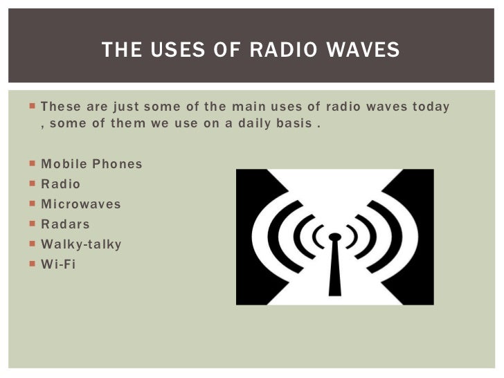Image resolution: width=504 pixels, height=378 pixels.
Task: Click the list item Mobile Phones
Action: tap(91, 164)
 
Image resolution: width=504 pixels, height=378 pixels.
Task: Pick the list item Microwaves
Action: tap(81, 204)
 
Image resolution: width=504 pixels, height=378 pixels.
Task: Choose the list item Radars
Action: tap(65, 224)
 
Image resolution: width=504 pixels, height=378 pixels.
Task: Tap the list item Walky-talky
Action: tap(81, 244)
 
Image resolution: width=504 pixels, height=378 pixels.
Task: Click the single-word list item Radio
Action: tap(61, 184)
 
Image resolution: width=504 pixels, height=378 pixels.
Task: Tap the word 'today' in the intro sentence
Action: tap(431, 107)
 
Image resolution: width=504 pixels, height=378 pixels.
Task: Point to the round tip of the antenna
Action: tap(334, 237)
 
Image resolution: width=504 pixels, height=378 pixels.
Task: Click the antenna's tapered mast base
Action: tap(335, 280)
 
